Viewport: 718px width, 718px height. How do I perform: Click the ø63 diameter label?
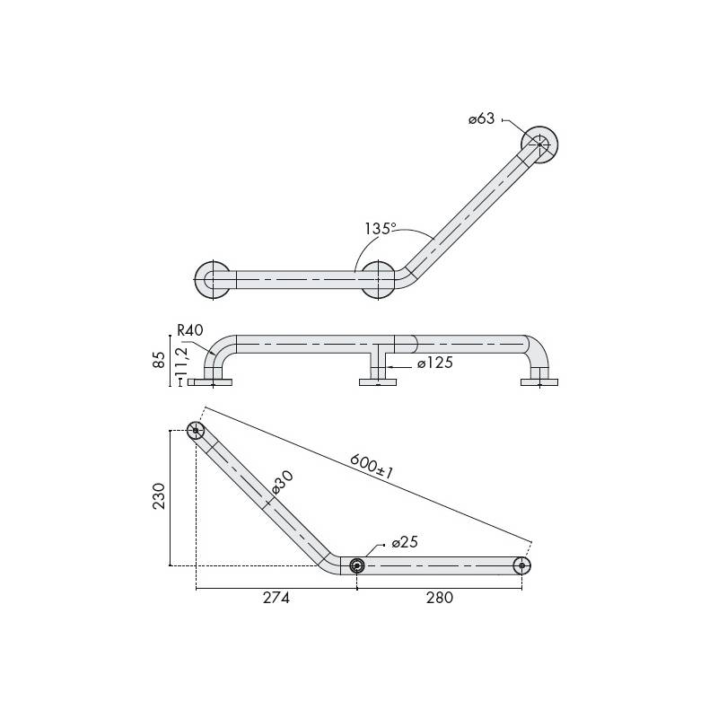point(482,119)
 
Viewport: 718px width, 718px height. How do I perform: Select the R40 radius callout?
point(189,331)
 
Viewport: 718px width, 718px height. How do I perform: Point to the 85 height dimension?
point(159,360)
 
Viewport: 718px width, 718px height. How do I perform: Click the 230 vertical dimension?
point(158,496)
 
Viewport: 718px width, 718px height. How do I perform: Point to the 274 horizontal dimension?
point(275,599)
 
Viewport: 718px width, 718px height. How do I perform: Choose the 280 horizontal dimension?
point(439,599)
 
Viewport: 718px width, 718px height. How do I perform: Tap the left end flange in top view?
point(213,279)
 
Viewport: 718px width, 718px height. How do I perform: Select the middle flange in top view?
point(378,279)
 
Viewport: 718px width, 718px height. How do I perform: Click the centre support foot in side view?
point(378,382)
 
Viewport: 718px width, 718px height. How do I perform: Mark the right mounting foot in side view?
point(539,382)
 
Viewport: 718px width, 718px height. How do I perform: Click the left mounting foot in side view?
point(211,382)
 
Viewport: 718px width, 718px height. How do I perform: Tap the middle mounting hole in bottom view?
point(357,565)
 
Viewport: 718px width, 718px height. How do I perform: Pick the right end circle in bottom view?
point(522,565)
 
